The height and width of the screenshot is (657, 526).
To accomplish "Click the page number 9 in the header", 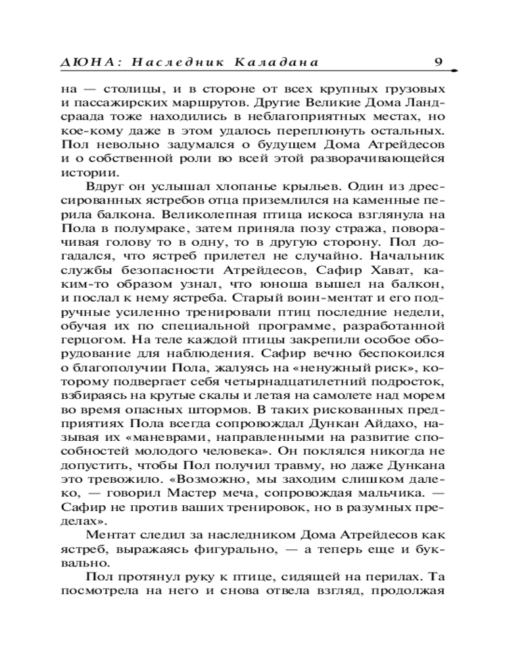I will [439, 62].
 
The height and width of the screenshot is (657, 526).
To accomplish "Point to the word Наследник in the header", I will [167, 62].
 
